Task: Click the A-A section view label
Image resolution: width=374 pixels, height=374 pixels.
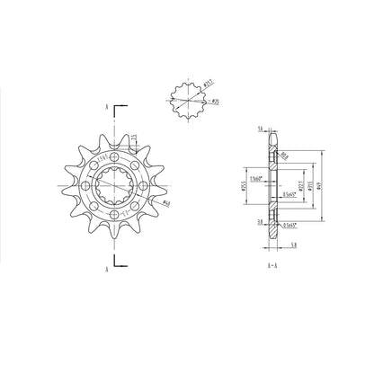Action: point(271,267)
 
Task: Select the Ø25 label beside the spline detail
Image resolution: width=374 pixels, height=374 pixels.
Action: point(217,102)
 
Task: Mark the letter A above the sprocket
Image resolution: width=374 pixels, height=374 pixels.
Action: point(108,107)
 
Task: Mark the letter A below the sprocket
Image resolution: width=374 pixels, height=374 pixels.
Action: point(108,267)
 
